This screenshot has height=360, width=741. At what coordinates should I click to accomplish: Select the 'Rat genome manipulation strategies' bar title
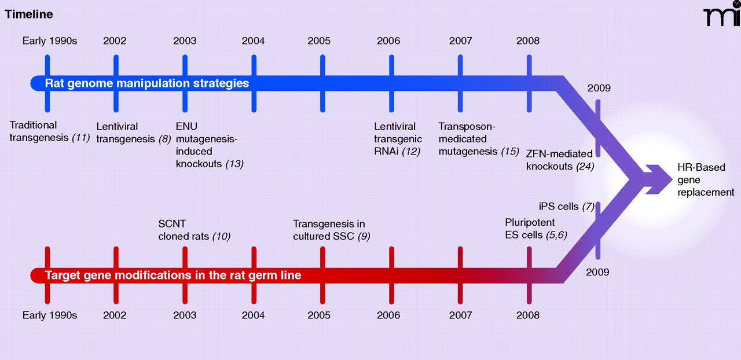pos(147,83)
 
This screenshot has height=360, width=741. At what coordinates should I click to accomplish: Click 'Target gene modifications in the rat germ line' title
pos(173,275)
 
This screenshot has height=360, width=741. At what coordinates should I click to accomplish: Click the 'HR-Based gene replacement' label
pos(705,179)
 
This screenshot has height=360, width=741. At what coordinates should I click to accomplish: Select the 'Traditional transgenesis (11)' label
pos(50,131)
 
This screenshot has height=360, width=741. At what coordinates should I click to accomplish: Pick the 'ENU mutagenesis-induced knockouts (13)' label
pos(209,145)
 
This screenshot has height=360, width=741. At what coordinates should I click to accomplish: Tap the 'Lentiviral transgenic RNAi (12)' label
pos(398,138)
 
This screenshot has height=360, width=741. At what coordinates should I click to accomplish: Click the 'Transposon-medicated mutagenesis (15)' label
pos(478,138)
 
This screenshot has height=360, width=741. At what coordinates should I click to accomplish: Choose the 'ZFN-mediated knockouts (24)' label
pos(559,160)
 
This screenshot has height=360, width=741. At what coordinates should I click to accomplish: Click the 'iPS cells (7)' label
pos(566,207)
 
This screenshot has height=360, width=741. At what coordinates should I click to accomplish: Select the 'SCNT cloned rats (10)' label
pos(195,230)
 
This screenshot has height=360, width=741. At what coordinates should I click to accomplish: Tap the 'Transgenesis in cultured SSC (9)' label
pos(331,230)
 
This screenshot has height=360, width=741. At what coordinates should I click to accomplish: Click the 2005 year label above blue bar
pos(319,41)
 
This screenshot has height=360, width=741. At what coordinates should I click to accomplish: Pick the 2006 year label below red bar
pos(388,315)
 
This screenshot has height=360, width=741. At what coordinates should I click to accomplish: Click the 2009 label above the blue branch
pos(599,89)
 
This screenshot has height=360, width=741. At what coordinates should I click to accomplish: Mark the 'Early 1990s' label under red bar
pos(50,315)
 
